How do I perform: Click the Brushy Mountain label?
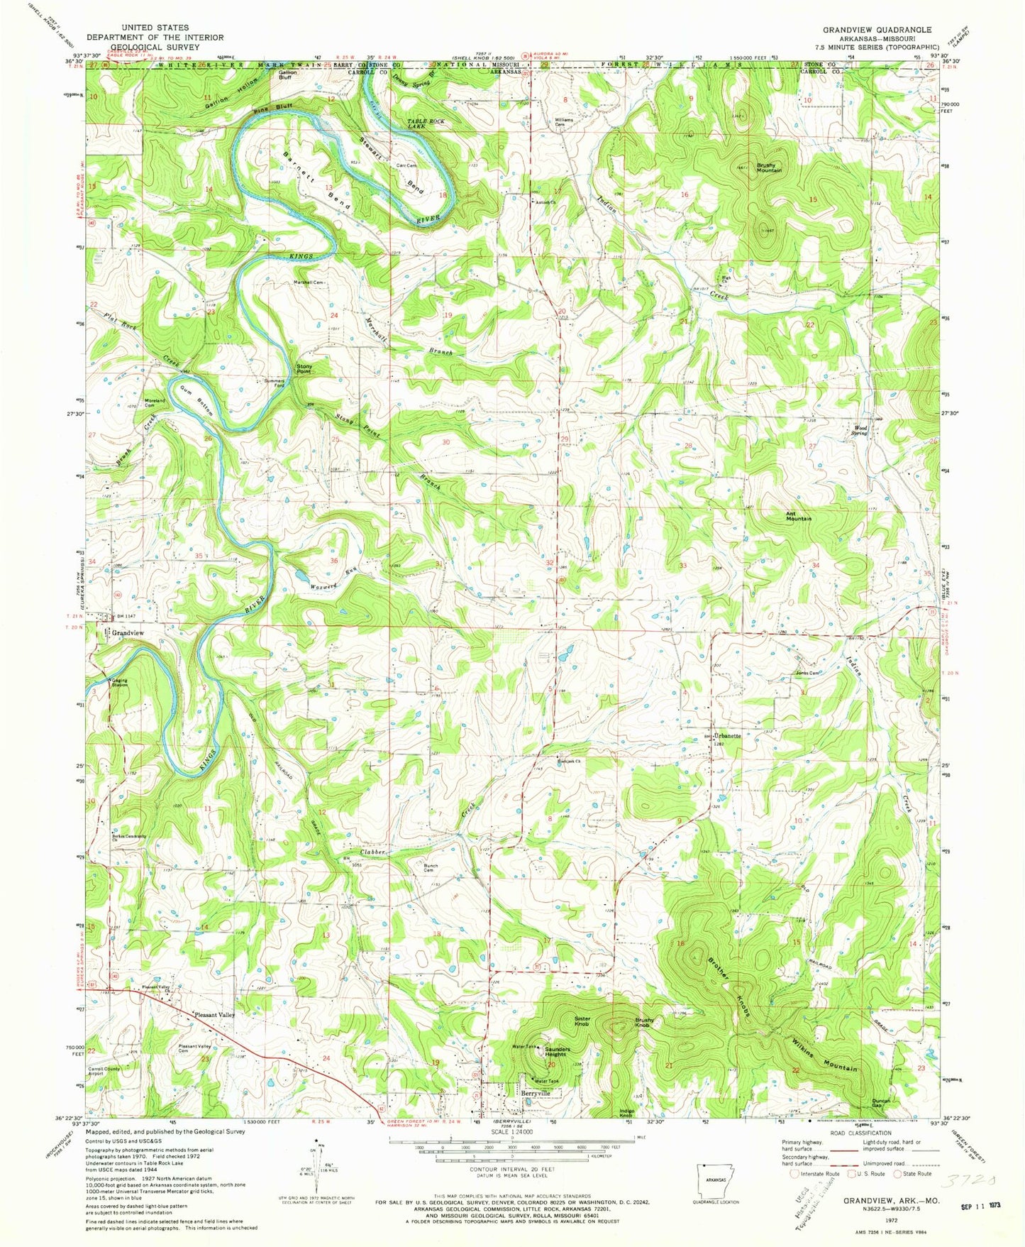click(768, 167)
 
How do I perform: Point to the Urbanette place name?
click(727, 736)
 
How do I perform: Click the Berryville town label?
click(536, 1094)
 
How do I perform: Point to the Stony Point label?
click(304, 368)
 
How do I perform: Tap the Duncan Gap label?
click(881, 1104)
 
